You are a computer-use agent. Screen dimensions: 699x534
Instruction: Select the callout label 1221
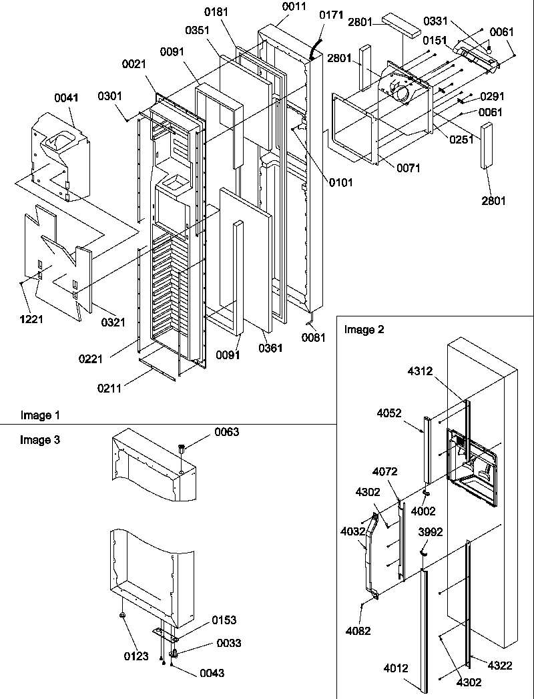pos(30,319)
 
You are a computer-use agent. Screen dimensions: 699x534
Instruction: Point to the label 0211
pos(109,389)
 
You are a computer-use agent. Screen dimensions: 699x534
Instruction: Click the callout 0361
pos(270,348)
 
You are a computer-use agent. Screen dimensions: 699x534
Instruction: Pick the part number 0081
pos(313,337)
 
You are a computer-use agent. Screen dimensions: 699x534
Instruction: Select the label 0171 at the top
pos(328,13)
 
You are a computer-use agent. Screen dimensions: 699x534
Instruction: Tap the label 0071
pos(407,168)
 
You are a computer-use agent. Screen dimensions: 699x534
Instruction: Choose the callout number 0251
pos(461,140)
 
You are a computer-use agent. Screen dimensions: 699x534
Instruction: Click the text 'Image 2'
pos(363,329)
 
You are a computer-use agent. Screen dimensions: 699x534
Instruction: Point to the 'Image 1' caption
pos(40,415)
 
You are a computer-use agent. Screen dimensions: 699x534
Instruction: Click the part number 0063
pos(226,433)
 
